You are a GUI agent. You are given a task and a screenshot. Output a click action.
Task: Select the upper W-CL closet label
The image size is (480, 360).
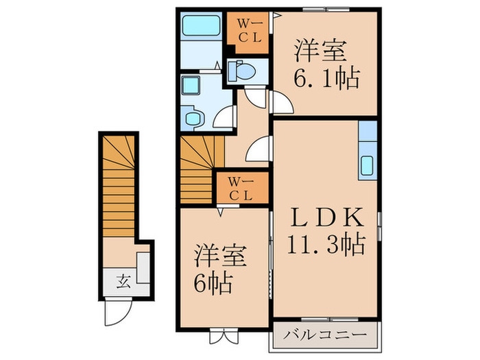[x=249, y=30]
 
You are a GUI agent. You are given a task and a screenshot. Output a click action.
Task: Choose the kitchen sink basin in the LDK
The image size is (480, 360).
[x=367, y=165]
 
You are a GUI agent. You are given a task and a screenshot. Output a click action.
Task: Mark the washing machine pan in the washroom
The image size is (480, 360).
[x=193, y=117]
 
